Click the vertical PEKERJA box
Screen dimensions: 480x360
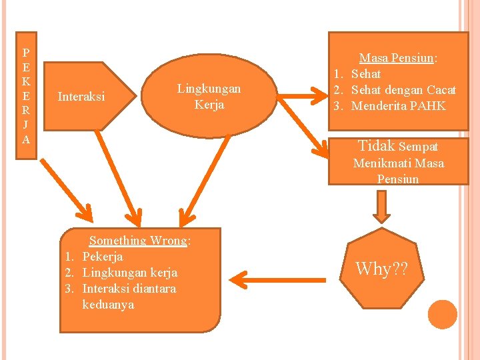pyautogui.click(x=26, y=95)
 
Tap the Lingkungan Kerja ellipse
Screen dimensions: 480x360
pyautogui.click(x=209, y=96)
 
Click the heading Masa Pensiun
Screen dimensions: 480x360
pyautogui.click(x=397, y=57)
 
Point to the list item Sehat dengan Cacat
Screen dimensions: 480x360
pyautogui.click(x=403, y=90)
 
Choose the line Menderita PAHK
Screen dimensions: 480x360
pyautogui.click(x=398, y=106)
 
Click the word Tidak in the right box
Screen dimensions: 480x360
pyautogui.click(x=377, y=146)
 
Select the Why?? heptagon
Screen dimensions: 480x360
pyautogui.click(x=382, y=268)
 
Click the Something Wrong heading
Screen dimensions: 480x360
pyautogui.click(x=138, y=241)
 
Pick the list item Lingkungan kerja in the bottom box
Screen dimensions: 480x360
pyautogui.click(x=130, y=273)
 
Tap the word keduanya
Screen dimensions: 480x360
pyautogui.click(x=109, y=305)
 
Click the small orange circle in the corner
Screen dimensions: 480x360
pyautogui.click(x=443, y=315)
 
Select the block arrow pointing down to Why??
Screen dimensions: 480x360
pyautogui.click(x=382, y=207)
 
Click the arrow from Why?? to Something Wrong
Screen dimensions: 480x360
pyautogui.click(x=277, y=280)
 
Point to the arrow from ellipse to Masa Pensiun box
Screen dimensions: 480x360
pyautogui.click(x=302, y=96)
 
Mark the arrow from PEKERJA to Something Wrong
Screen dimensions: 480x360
pyautogui.click(x=67, y=190)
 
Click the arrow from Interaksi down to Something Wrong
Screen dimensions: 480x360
pyautogui.click(x=119, y=179)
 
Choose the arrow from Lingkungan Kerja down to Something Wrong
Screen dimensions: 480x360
pyautogui.click(x=204, y=181)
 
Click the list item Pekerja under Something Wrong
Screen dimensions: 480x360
pyautogui.click(x=103, y=257)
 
